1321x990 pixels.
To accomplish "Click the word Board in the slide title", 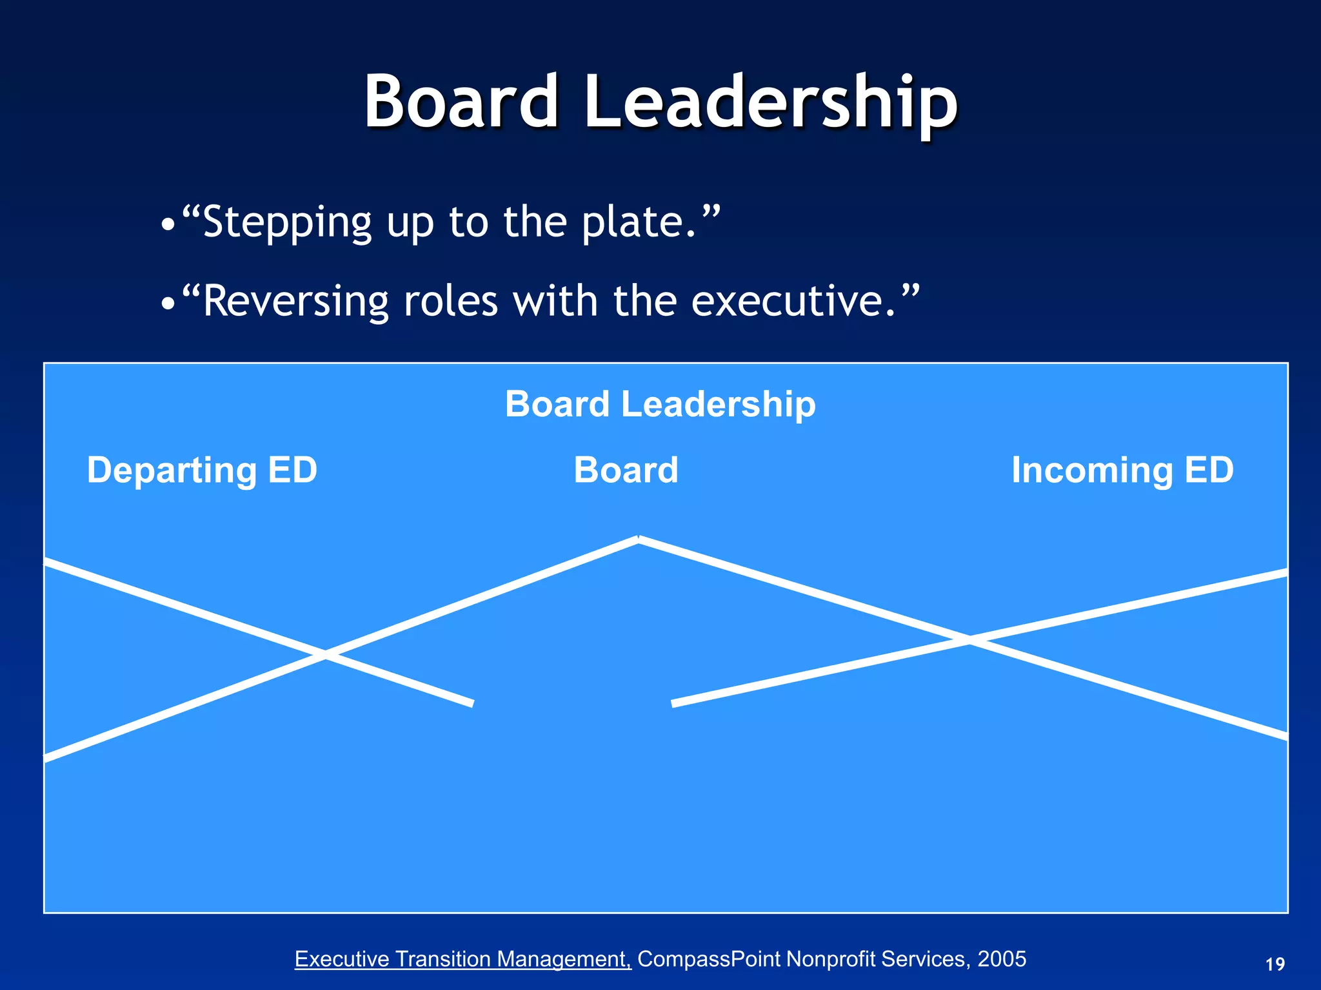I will coord(461,102).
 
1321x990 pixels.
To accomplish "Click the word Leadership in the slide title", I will coord(770,103).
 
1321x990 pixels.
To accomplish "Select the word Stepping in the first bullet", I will coord(287,222).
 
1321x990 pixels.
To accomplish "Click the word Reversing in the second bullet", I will coord(296,301).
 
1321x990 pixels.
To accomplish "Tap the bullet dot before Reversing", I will coord(168,304).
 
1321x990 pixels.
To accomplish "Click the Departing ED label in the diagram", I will coord(202,470).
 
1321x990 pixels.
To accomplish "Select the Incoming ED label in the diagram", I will coord(1122,470).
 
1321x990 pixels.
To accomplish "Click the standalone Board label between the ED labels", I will coord(626,470).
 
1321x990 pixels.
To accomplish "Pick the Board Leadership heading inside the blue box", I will coord(660,404).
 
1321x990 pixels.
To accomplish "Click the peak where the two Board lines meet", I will coord(639,539).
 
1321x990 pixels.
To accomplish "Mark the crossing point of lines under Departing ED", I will coord(324,654).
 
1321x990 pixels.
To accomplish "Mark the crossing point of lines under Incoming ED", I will coord(969,639).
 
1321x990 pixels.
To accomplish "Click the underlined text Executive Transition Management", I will coord(462,959).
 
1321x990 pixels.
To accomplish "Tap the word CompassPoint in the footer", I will coord(710,959).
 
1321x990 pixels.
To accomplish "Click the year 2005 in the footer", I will coord(1002,959).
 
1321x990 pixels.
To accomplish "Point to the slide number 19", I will coord(1275,964).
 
